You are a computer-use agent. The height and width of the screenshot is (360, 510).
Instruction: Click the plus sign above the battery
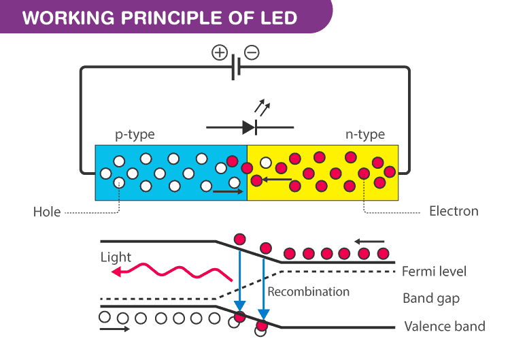pyautogui.click(x=220, y=53)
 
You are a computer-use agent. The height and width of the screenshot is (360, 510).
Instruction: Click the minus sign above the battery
pyautogui.click(x=252, y=53)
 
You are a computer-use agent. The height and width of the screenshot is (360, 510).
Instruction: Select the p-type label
pyautogui.click(x=135, y=134)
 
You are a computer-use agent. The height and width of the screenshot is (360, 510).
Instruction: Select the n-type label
pyautogui.click(x=364, y=134)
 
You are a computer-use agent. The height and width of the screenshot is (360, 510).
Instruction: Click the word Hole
pyautogui.click(x=47, y=212)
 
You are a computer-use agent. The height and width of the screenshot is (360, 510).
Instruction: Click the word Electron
pyautogui.click(x=454, y=211)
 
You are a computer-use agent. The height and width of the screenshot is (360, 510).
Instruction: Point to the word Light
pyautogui.click(x=116, y=257)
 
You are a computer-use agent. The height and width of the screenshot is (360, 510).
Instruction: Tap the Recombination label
pyautogui.click(x=309, y=291)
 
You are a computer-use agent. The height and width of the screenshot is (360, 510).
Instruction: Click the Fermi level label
pyautogui.click(x=435, y=272)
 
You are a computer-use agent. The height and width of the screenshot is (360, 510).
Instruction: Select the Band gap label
pyautogui.click(x=431, y=298)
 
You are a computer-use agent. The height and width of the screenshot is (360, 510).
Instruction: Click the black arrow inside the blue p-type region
pyautogui.click(x=227, y=191)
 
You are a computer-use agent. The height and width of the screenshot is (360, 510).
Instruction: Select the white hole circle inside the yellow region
pyautogui.click(x=266, y=163)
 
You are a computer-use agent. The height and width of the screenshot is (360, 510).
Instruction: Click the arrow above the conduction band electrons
pyautogui.click(x=369, y=240)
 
